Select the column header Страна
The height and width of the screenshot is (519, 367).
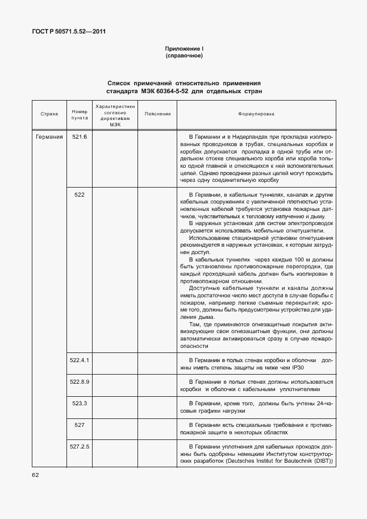[x=49, y=114]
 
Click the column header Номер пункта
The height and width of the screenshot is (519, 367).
[x=79, y=114]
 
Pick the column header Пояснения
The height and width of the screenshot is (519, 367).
[x=157, y=114]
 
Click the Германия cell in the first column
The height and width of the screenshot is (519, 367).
[x=49, y=137]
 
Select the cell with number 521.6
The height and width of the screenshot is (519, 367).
[x=79, y=137]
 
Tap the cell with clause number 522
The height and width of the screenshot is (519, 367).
[x=79, y=194]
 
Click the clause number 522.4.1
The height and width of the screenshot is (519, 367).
[x=79, y=360]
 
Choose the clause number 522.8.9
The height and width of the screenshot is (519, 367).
[x=79, y=381]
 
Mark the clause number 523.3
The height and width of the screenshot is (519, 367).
[x=79, y=402]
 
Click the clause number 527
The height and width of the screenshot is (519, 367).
[x=79, y=424]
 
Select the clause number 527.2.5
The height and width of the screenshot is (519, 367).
[x=79, y=446]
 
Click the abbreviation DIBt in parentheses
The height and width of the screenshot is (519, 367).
[x=321, y=461]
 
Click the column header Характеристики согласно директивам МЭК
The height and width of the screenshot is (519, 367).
[x=115, y=114]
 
